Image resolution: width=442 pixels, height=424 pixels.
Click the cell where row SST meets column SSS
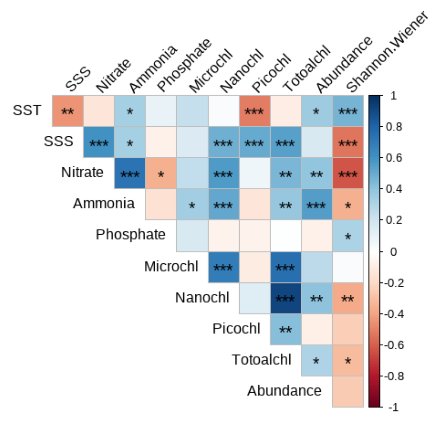click(x=67, y=111)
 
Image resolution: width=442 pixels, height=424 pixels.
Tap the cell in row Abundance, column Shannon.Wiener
click(x=347, y=391)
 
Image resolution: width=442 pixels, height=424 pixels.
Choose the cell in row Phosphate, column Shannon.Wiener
click(x=347, y=235)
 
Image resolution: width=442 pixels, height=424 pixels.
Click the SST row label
click(x=26, y=110)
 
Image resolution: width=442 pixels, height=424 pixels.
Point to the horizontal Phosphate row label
click(x=130, y=235)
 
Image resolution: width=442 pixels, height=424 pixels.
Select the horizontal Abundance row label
click(x=284, y=391)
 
